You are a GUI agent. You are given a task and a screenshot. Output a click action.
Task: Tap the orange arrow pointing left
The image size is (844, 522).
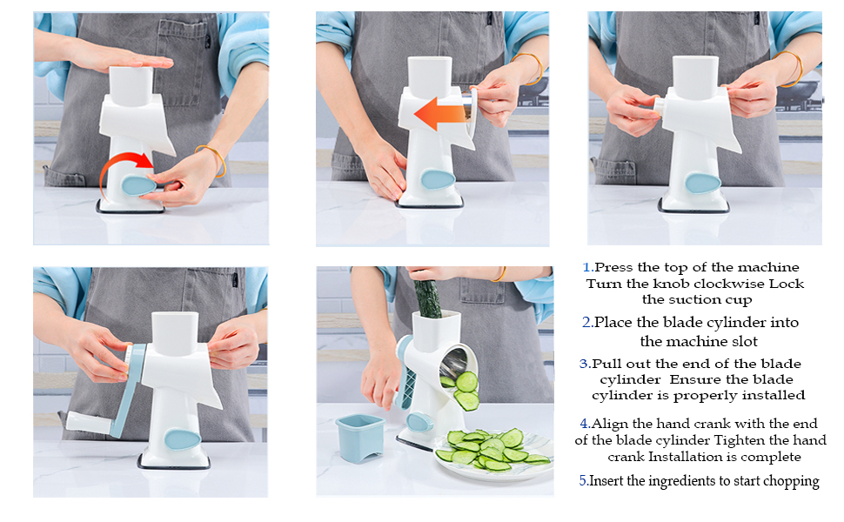[x=441, y=114]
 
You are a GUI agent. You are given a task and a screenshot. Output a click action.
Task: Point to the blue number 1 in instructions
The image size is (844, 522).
[x=587, y=268]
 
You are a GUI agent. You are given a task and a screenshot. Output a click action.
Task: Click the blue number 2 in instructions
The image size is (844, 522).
[x=586, y=322]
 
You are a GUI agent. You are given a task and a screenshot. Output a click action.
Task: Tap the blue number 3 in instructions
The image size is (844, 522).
[x=584, y=364]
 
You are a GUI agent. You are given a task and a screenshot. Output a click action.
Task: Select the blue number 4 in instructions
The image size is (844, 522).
[x=585, y=424]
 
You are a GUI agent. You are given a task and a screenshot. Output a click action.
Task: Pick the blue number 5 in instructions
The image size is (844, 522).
[x=582, y=480]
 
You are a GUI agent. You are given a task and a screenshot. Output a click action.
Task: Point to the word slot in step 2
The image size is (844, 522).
[x=740, y=342]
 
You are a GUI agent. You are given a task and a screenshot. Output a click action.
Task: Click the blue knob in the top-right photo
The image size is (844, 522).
[x=702, y=182]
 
